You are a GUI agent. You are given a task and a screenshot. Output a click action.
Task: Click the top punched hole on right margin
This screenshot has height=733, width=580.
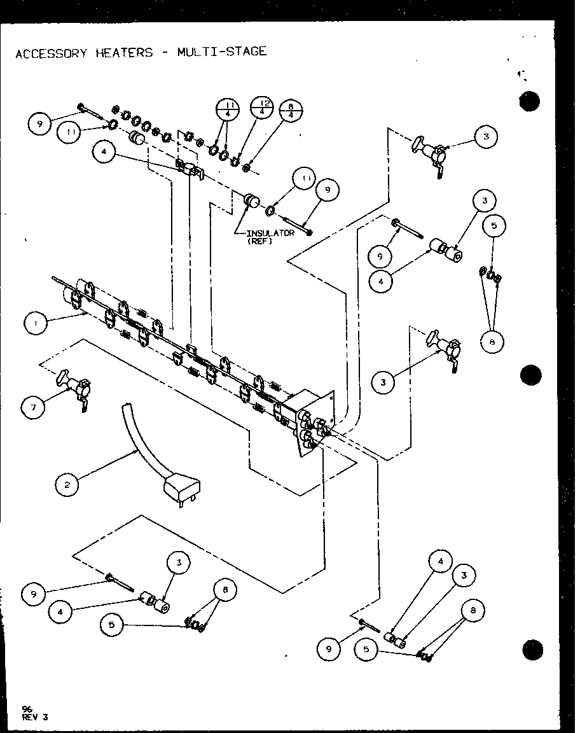(x=529, y=102)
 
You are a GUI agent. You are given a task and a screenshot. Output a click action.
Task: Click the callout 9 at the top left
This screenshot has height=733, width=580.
(x=39, y=124)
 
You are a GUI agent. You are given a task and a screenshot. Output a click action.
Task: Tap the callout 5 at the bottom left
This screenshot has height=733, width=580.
(x=112, y=625)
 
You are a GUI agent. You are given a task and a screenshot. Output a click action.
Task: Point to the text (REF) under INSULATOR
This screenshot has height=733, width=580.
(x=261, y=241)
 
